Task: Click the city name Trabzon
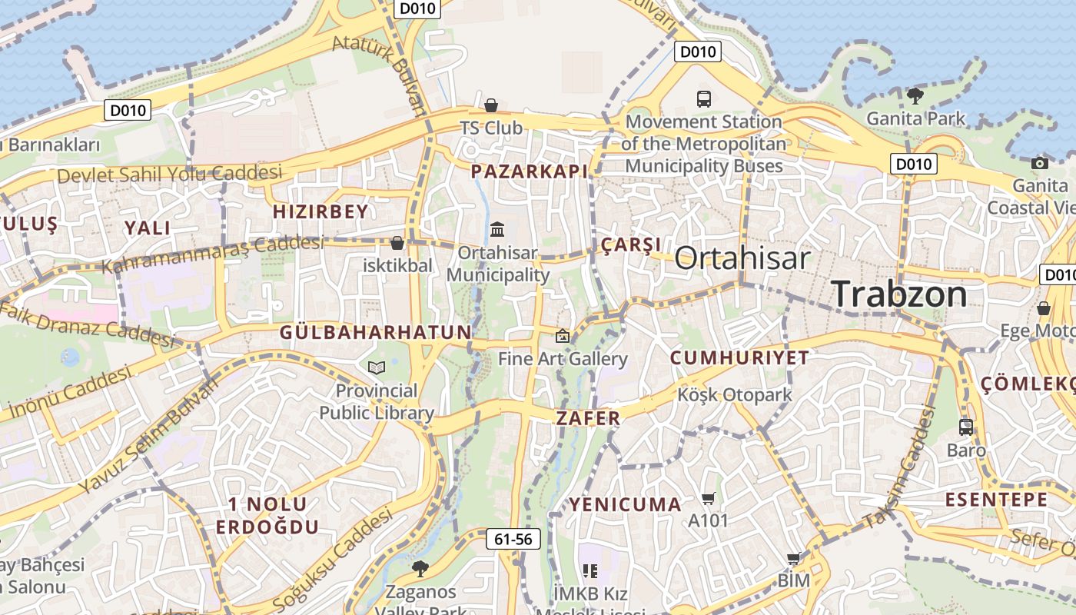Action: [899, 294]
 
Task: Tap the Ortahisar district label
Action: [742, 258]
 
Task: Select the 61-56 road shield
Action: [513, 540]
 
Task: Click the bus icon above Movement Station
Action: [704, 98]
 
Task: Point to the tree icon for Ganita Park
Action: [915, 96]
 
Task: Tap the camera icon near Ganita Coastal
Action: [1040, 163]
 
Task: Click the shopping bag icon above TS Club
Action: [491, 105]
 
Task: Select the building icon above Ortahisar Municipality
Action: [497, 229]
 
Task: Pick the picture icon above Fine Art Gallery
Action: [563, 335]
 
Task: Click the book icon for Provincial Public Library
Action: [376, 368]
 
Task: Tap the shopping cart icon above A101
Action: [709, 498]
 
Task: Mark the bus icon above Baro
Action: [966, 427]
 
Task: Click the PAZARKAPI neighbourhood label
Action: [529, 171]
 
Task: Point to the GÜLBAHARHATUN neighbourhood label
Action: [375, 332]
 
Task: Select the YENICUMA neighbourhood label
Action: [625, 505]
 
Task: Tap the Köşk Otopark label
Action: [734, 395]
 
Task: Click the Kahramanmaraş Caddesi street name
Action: [212, 254]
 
